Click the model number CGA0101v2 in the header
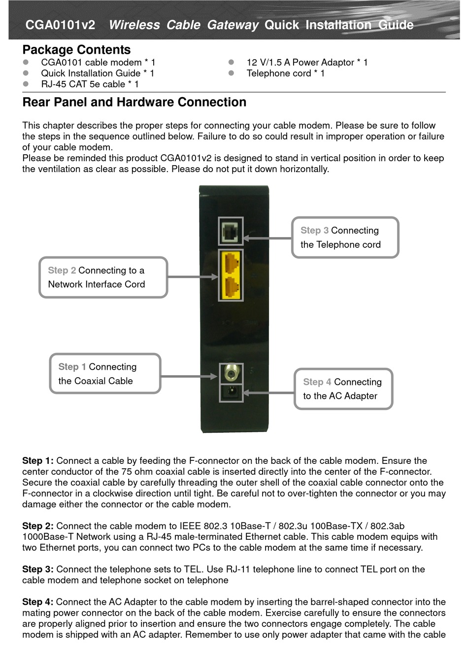pyautogui.click(x=60, y=25)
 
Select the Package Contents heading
pyautogui.click(x=76, y=50)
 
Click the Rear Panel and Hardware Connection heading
pyautogui.click(x=134, y=102)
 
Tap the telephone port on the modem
pyautogui.click(x=231, y=231)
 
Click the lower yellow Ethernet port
pyautogui.click(x=231, y=287)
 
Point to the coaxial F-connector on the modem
pyautogui.click(x=231, y=373)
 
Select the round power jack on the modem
pyautogui.click(x=231, y=393)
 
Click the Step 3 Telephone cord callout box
pyautogui.click(x=345, y=238)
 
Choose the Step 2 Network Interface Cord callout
pyautogui.click(x=103, y=278)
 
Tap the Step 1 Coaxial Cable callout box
pyautogui.click(x=105, y=374)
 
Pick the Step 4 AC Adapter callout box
pyautogui.click(x=343, y=389)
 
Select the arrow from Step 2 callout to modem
pyautogui.click(x=193, y=278)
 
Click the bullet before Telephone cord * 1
pyautogui.click(x=231, y=73)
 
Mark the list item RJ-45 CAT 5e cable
pyautogui.click(x=90, y=84)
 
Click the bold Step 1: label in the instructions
pyautogui.click(x=37, y=461)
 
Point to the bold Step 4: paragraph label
pyautogui.click(x=37, y=602)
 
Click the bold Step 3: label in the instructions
pyautogui.click(x=37, y=569)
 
